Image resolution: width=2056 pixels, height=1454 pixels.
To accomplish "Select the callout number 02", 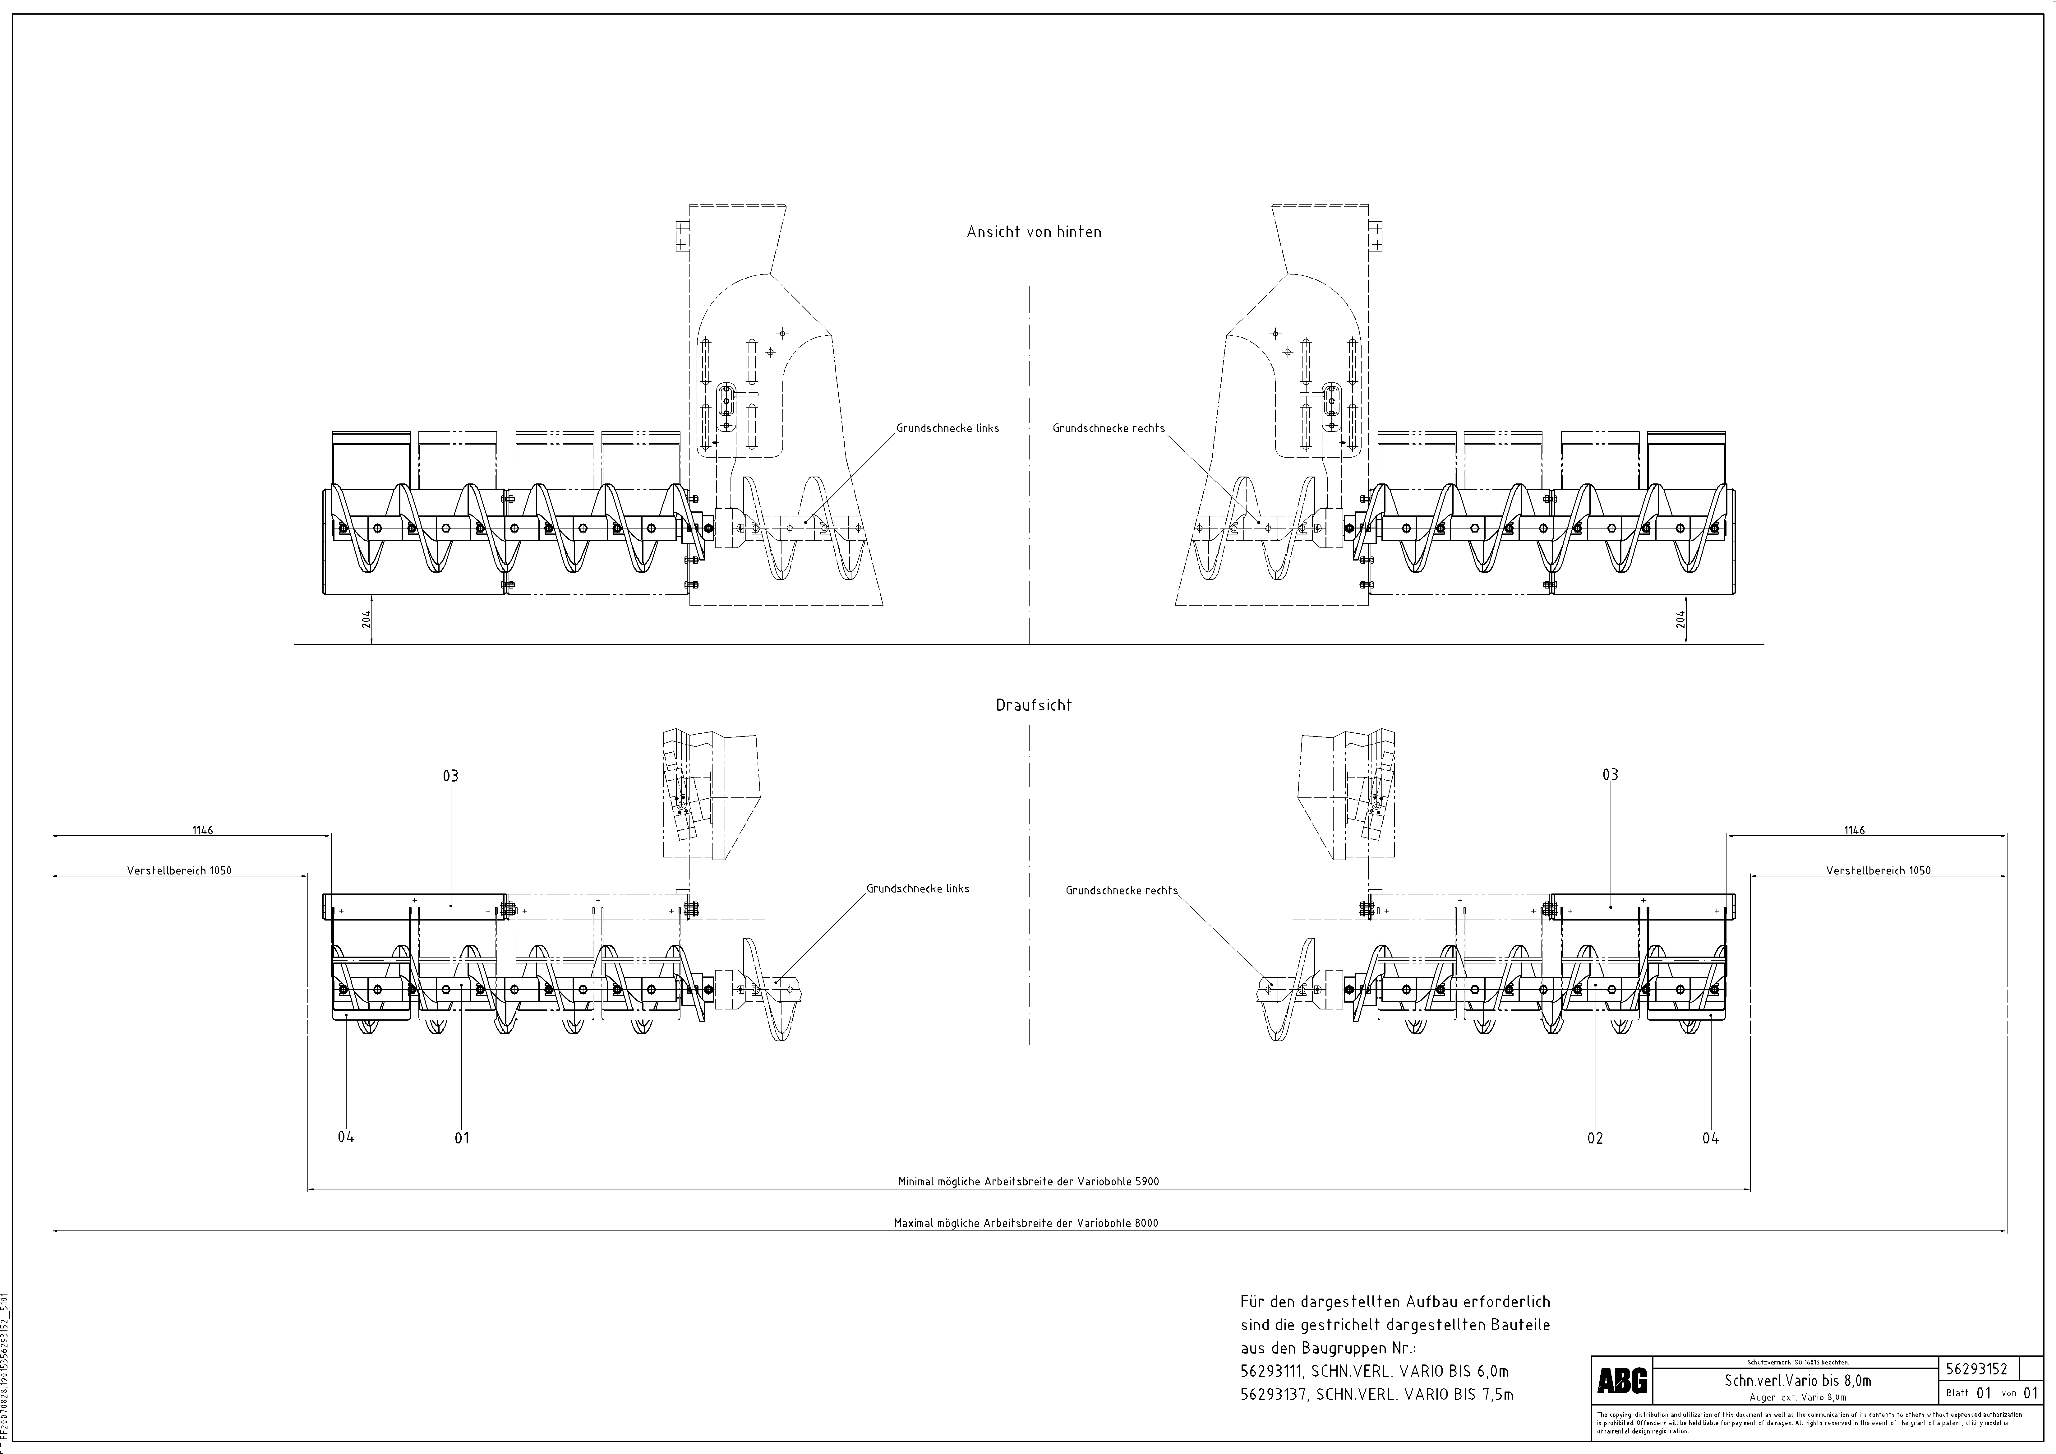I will tap(1595, 1138).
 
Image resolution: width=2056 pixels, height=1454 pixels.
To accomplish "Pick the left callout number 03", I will tap(450, 775).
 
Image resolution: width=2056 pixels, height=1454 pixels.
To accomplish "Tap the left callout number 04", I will tap(346, 1137).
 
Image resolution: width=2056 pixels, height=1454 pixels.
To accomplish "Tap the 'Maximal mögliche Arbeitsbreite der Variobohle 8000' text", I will tap(1025, 1223).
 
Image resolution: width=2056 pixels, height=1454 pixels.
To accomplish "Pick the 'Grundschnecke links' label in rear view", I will tap(947, 428).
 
